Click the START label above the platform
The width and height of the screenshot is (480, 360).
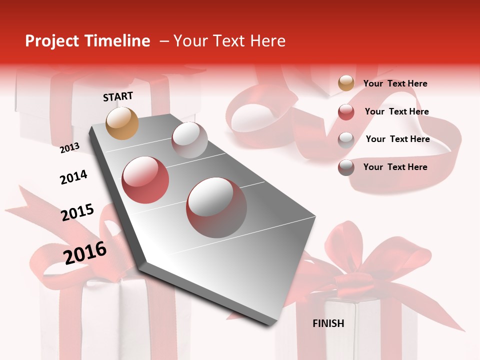118,96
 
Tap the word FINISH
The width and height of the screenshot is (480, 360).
328,323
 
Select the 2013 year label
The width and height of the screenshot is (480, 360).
69,147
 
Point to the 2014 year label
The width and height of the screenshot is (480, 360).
73,177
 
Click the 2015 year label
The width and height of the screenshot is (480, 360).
77,212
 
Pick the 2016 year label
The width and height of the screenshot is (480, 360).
85,252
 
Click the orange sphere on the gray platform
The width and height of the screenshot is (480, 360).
122,123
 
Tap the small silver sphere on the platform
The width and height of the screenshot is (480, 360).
189,140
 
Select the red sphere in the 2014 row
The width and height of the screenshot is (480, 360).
145,180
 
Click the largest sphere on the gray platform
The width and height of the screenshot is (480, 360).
216,207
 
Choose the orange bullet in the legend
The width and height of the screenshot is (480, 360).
346,83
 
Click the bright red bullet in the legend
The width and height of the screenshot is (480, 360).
346,112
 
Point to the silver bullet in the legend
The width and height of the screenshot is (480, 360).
346,140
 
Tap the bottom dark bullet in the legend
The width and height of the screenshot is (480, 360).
346,167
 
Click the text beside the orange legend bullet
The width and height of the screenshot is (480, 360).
395,83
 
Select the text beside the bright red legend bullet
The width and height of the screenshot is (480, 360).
396,111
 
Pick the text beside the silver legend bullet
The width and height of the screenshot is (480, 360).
397,139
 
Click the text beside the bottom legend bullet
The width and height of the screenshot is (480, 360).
395,167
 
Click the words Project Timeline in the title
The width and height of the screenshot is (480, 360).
87,41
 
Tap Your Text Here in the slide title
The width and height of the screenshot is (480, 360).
229,41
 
